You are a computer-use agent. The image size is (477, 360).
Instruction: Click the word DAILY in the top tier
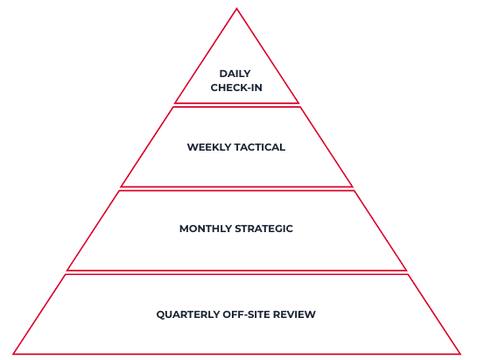235,74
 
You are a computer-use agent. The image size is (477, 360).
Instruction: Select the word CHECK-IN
236,88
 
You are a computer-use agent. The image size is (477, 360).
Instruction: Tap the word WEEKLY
209,147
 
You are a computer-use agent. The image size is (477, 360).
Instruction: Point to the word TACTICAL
260,147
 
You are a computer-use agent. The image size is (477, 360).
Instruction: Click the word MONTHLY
206,229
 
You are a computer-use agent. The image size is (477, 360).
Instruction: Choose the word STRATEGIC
264,229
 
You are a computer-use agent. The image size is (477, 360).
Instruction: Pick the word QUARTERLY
188,314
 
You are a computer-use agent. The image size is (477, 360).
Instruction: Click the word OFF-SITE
246,314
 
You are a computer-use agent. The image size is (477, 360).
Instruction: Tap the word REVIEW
294,314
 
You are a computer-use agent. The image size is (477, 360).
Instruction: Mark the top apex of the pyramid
236,9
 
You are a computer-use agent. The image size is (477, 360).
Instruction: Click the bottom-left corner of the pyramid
13,354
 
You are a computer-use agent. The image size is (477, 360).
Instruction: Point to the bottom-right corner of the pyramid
460,354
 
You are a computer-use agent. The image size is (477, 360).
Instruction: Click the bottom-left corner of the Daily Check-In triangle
176,103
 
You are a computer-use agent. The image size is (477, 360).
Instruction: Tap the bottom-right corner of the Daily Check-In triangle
298,103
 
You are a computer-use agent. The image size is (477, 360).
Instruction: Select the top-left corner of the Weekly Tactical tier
173,107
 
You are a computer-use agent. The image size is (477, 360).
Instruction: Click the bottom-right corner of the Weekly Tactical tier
352,187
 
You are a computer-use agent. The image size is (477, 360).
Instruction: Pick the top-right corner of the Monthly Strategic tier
354,191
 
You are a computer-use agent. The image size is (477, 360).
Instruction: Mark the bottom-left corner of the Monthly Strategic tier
67,270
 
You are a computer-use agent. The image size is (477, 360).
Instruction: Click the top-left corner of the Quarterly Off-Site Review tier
65,274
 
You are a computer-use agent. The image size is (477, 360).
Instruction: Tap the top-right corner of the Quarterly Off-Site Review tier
408,274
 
